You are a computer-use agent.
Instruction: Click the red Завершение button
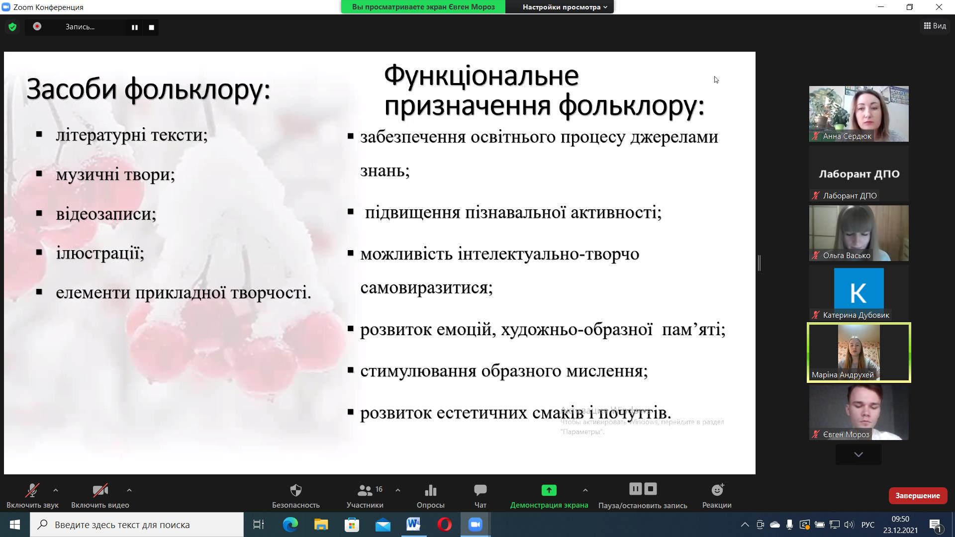coord(917,496)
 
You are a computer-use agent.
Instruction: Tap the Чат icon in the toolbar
coord(480,490)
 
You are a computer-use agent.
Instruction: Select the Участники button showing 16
coord(365,496)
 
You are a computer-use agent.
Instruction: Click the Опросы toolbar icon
coord(431,491)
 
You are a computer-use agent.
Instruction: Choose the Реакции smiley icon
coord(717,490)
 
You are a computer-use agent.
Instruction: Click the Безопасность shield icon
coord(296,490)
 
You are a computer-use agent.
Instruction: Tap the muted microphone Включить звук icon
coord(32,490)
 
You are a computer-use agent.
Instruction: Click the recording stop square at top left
coord(152,27)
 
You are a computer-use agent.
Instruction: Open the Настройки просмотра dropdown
coord(565,7)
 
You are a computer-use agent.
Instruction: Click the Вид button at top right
coord(935,26)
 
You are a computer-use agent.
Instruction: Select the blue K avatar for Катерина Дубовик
coord(859,288)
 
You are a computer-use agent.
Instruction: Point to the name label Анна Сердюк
coord(847,136)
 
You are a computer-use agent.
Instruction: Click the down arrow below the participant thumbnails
coord(859,454)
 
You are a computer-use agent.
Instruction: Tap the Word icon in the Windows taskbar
coord(413,525)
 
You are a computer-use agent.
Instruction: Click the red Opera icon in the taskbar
coord(444,525)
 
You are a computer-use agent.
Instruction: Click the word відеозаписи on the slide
coord(106,214)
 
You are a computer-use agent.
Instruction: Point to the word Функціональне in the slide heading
coord(481,76)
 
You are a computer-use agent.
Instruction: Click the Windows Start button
coord(15,525)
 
